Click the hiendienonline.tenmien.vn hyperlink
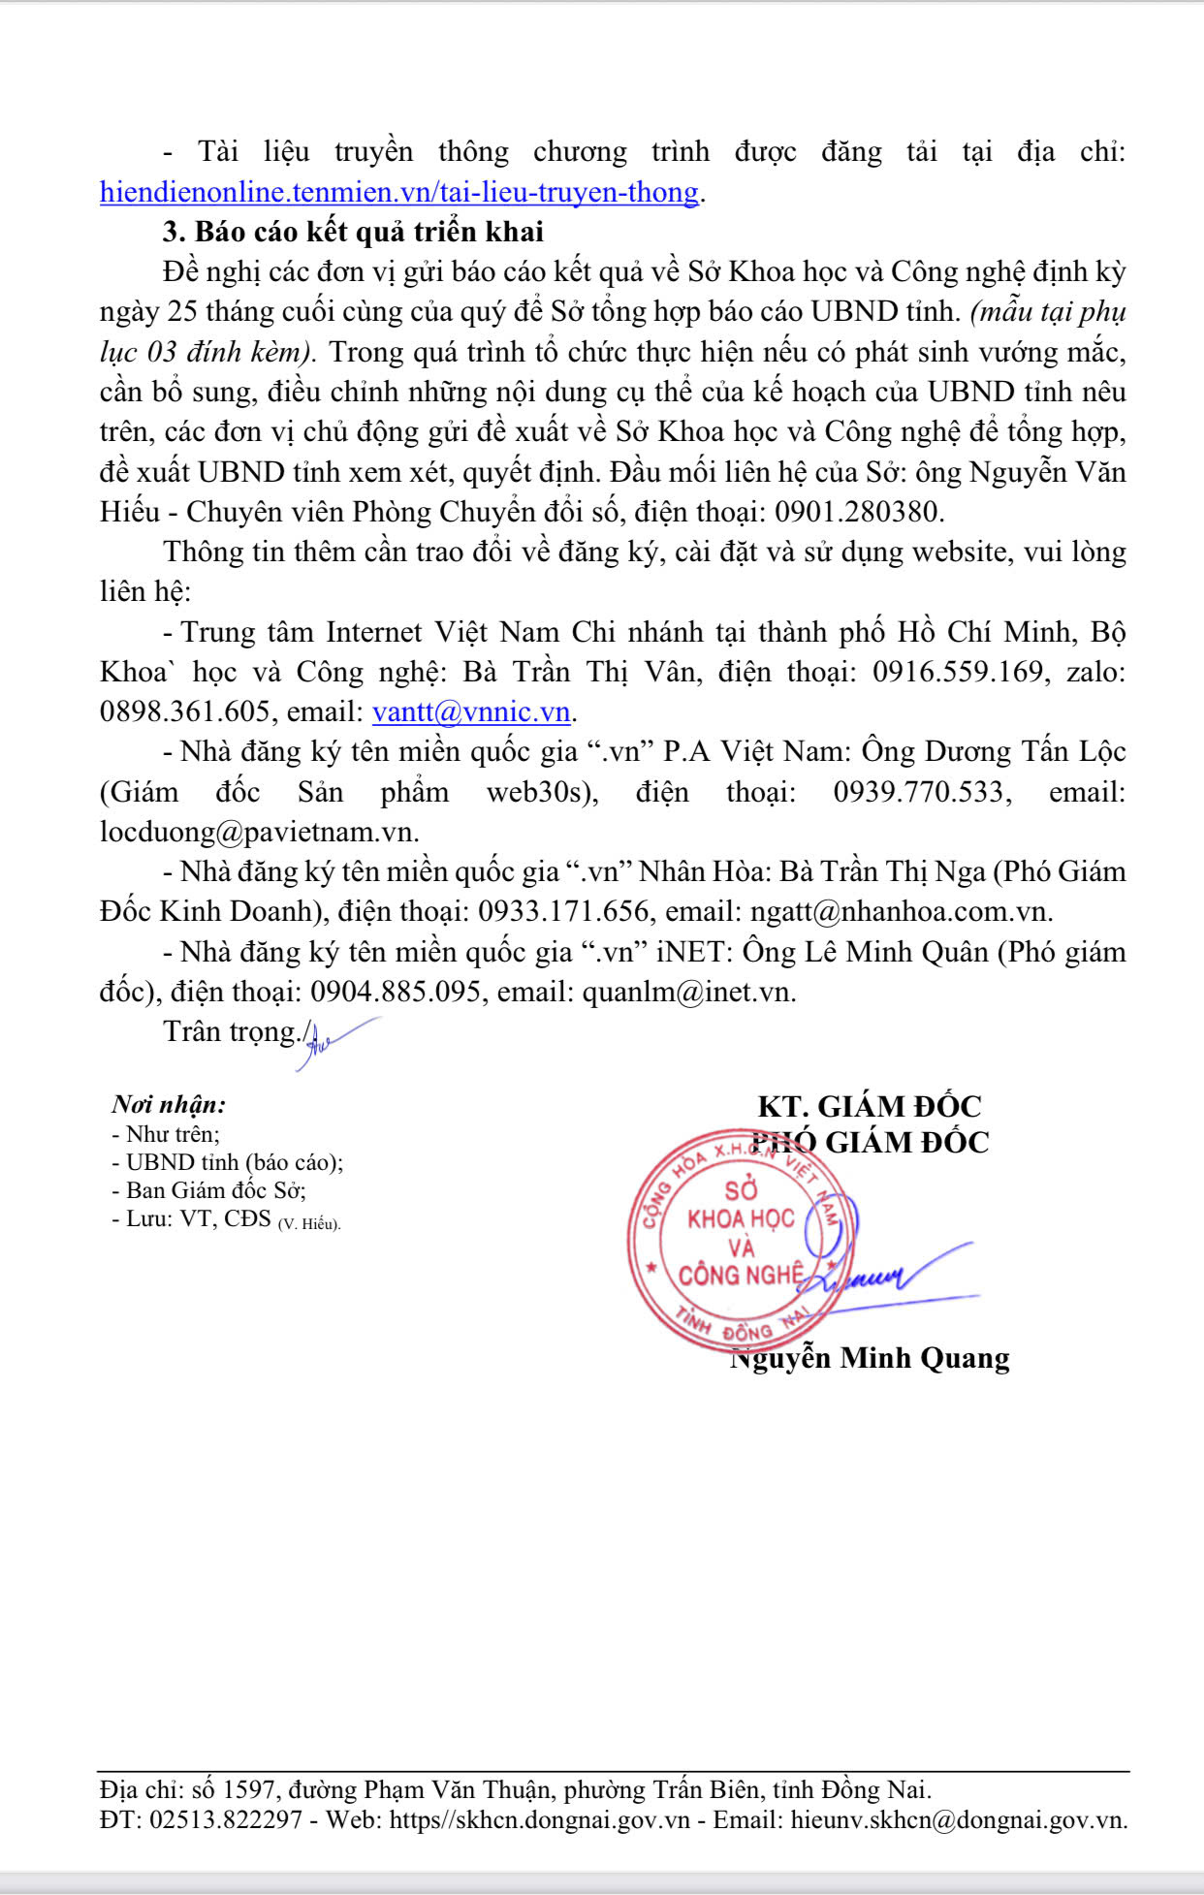[x=398, y=192]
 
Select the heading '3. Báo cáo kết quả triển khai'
[x=353, y=232]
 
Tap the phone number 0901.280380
[x=858, y=512]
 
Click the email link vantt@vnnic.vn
[x=471, y=711]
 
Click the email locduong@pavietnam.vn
[x=259, y=832]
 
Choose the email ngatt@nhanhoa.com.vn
[x=900, y=911]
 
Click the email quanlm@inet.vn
[x=688, y=992]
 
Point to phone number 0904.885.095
[x=396, y=992]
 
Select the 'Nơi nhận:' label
[x=169, y=1104]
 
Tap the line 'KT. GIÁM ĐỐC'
[x=870, y=1107]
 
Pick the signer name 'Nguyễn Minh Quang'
[x=870, y=1358]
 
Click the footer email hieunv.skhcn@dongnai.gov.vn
[x=959, y=1819]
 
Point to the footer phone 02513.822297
[x=226, y=1819]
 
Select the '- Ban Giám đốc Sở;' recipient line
[x=209, y=1190]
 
